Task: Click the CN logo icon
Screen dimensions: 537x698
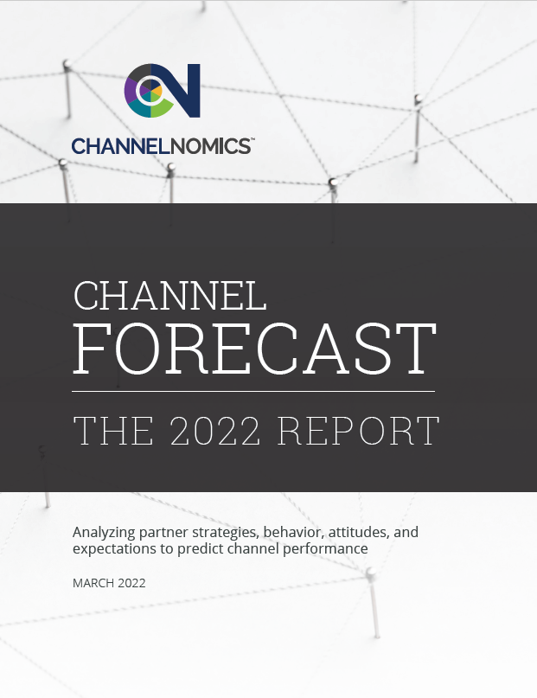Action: (163, 90)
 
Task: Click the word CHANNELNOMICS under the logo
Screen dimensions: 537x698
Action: (161, 146)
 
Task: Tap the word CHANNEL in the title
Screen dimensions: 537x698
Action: (170, 295)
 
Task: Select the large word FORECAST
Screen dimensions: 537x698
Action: (254, 349)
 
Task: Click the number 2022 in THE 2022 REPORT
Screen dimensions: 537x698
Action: (215, 431)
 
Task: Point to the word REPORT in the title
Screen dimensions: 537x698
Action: (359, 431)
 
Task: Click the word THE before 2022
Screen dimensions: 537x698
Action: (113, 431)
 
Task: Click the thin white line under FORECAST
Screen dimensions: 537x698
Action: (253, 391)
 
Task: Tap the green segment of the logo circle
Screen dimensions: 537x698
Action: (161, 108)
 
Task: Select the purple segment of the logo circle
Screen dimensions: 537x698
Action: (131, 89)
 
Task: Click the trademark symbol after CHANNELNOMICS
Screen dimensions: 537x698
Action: (253, 139)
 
